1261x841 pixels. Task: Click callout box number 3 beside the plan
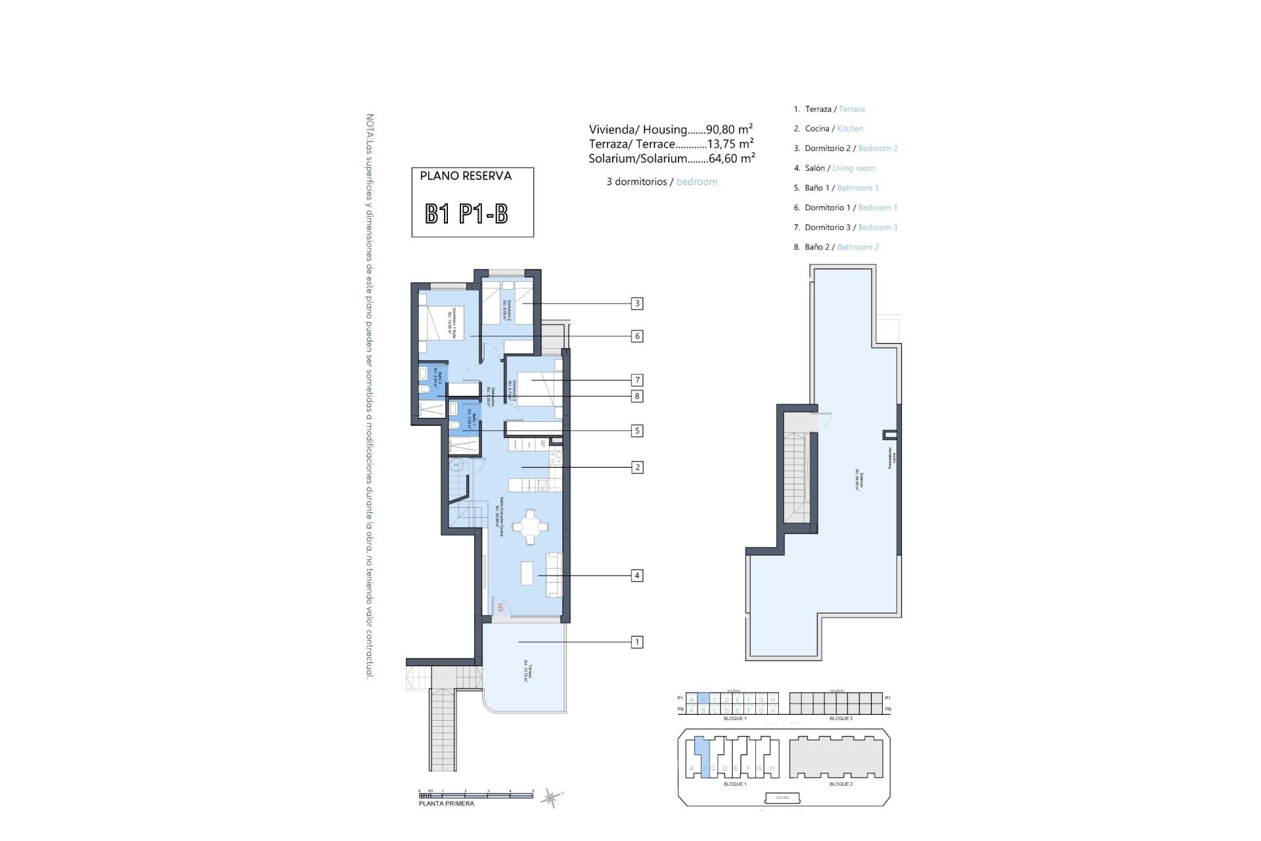pos(636,304)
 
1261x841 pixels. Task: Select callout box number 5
pos(636,431)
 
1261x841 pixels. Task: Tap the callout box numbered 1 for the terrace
pos(636,642)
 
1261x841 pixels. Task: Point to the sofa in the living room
pos(554,575)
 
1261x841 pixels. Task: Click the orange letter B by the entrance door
pos(500,608)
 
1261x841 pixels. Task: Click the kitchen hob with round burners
pos(556,454)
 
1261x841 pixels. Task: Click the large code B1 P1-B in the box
pos(466,214)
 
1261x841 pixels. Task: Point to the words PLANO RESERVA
pos(466,176)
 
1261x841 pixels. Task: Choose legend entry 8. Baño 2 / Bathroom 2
pos(836,247)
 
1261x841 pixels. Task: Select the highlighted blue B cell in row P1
pos(703,699)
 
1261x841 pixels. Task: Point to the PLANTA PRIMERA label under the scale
pos(446,804)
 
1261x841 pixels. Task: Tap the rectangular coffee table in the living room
pos(527,572)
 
